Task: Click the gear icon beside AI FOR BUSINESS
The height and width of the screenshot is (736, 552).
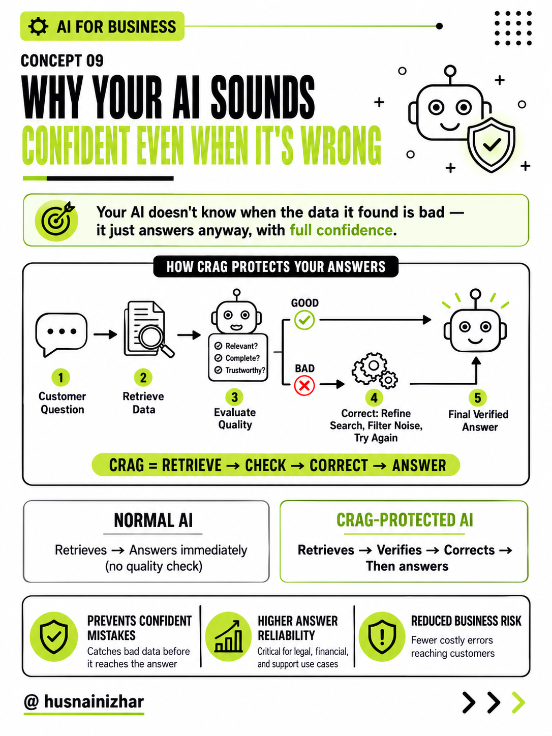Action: (x=38, y=26)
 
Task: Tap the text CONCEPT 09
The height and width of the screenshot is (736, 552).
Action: (x=62, y=60)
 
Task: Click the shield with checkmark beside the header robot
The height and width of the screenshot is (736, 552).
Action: (x=491, y=144)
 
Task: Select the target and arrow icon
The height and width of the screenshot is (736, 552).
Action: (x=56, y=220)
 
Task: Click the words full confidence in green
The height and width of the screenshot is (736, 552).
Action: (x=341, y=230)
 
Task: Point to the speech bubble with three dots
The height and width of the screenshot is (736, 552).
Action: (x=62, y=334)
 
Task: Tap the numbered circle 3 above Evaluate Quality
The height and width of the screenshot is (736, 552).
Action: (x=234, y=397)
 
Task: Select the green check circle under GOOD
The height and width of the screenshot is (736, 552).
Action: (x=304, y=320)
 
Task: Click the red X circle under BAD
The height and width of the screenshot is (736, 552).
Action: (x=304, y=386)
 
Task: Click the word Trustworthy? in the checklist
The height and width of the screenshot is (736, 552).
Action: (x=246, y=370)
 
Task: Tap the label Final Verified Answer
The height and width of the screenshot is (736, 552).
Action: (x=479, y=420)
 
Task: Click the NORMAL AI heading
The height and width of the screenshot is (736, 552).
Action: (x=153, y=520)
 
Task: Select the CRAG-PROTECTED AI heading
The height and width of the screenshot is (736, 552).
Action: (x=405, y=520)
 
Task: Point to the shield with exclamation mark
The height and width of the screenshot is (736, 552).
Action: (x=382, y=636)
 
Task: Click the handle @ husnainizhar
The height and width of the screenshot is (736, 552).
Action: (x=84, y=701)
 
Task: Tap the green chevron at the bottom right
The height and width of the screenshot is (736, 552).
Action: (x=518, y=702)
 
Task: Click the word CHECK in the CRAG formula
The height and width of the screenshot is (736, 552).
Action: (x=265, y=465)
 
